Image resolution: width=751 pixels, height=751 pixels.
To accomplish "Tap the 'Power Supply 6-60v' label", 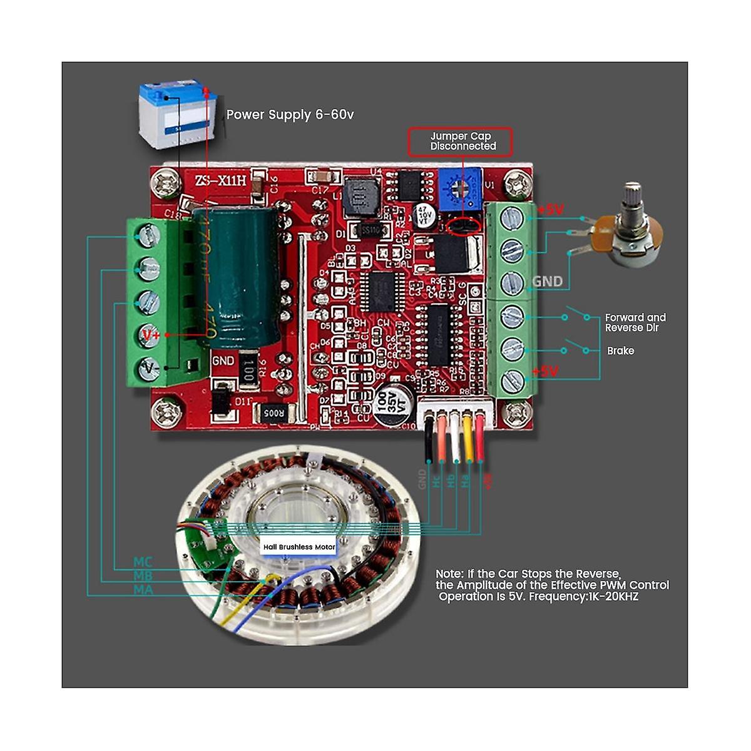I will (290, 115).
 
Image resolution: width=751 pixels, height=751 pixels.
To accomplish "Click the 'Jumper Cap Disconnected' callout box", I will (460, 141).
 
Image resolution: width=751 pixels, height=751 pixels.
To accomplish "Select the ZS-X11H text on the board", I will (220, 180).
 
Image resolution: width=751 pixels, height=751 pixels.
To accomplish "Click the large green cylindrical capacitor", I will (236, 275).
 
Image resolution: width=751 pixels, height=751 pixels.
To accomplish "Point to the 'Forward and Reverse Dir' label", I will (635, 322).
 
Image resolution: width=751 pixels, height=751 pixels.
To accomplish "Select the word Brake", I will (620, 350).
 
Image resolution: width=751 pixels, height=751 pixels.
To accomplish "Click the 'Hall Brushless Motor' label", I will (299, 546).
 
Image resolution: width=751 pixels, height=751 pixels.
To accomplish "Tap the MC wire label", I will (143, 561).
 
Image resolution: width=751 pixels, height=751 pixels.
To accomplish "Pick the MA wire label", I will (143, 589).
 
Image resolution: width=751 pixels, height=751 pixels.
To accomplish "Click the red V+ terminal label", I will (151, 335).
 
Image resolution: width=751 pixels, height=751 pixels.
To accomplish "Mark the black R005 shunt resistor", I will (273, 412).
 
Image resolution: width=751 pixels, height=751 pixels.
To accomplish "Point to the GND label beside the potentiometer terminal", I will (547, 282).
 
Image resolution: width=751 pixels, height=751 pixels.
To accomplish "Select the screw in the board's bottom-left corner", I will (165, 412).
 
